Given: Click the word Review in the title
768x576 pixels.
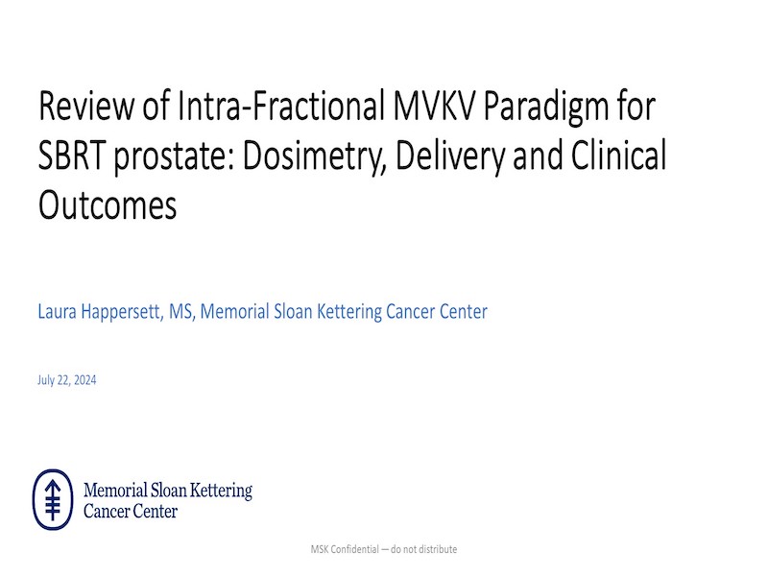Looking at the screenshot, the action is pos(85,106).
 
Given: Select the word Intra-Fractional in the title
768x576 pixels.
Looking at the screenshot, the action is pos(280,105).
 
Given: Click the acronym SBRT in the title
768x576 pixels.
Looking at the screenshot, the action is pos(72,156).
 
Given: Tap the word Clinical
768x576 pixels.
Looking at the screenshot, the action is pos(618,155).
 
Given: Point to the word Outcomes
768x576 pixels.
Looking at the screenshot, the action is pos(108,205).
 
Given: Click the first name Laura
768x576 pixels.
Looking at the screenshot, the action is pos(57,312).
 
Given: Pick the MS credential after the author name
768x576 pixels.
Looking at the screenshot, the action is pos(181,312).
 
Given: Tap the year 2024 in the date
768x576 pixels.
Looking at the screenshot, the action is pos(85,380).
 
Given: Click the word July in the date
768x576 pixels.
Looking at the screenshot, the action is pos(46,381).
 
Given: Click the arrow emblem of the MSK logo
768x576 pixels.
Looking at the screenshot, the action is pos(53,500).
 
